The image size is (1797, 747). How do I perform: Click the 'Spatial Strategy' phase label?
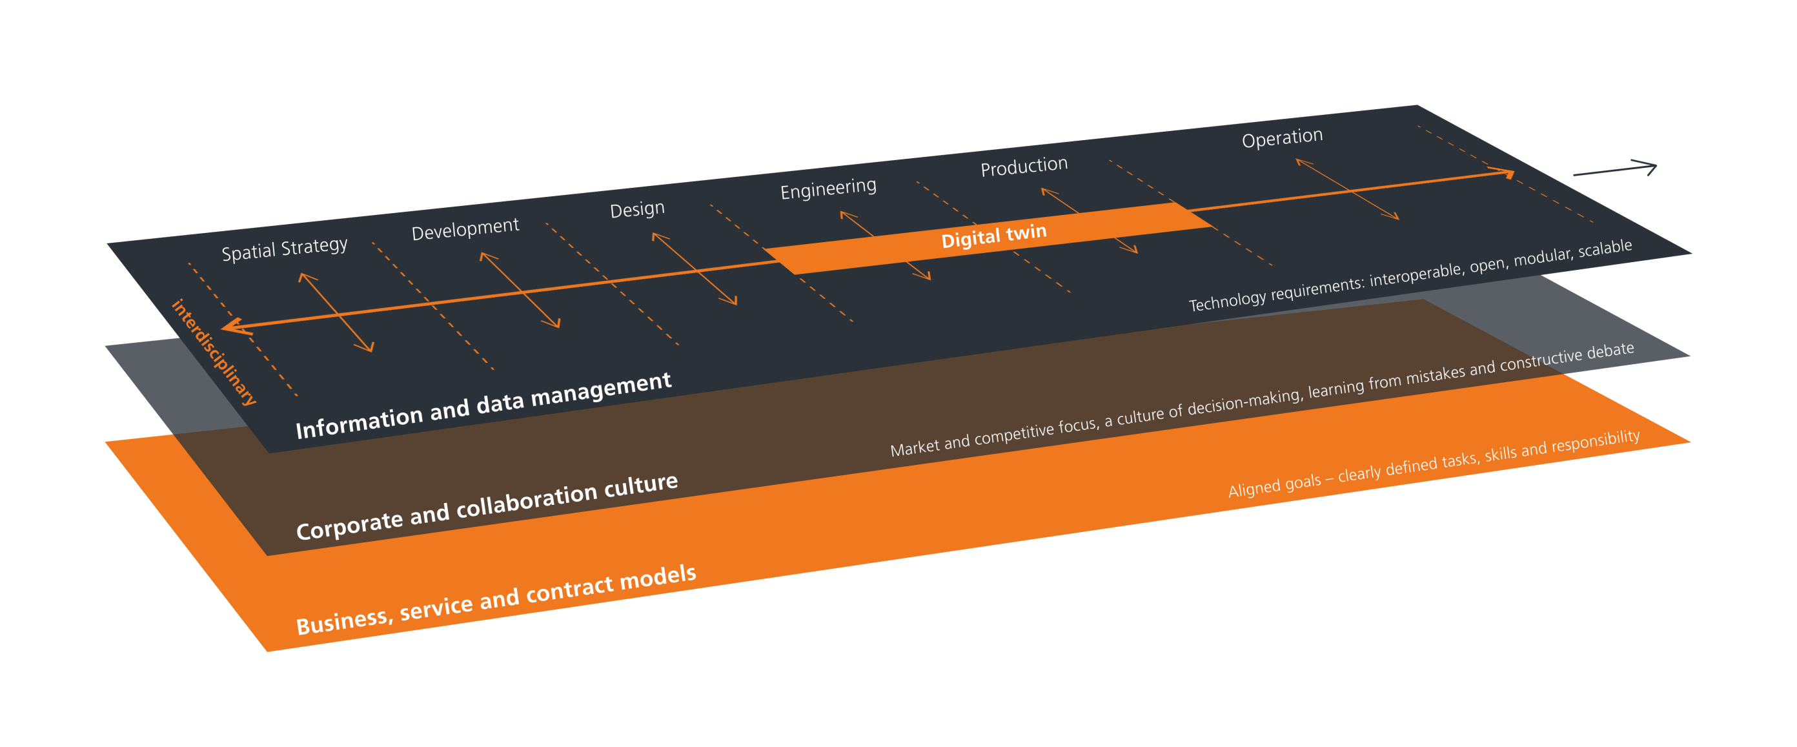285,249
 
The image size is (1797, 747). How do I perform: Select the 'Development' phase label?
465,228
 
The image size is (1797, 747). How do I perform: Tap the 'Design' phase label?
637,209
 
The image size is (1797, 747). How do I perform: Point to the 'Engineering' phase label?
828,189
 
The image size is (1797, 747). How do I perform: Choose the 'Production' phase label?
1024,166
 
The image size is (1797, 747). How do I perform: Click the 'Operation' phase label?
1282,137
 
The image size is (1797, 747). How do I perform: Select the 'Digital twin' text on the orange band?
993,235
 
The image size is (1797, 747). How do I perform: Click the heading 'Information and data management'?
483,405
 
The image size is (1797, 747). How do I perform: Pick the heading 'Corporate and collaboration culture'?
487,506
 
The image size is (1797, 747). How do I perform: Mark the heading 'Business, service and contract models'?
496,599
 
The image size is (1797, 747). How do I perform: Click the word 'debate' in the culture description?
1610,350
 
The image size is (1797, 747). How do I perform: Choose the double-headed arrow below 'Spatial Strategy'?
336,312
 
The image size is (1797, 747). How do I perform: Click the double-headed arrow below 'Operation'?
1347,189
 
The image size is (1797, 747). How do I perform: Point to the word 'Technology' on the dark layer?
1226,301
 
